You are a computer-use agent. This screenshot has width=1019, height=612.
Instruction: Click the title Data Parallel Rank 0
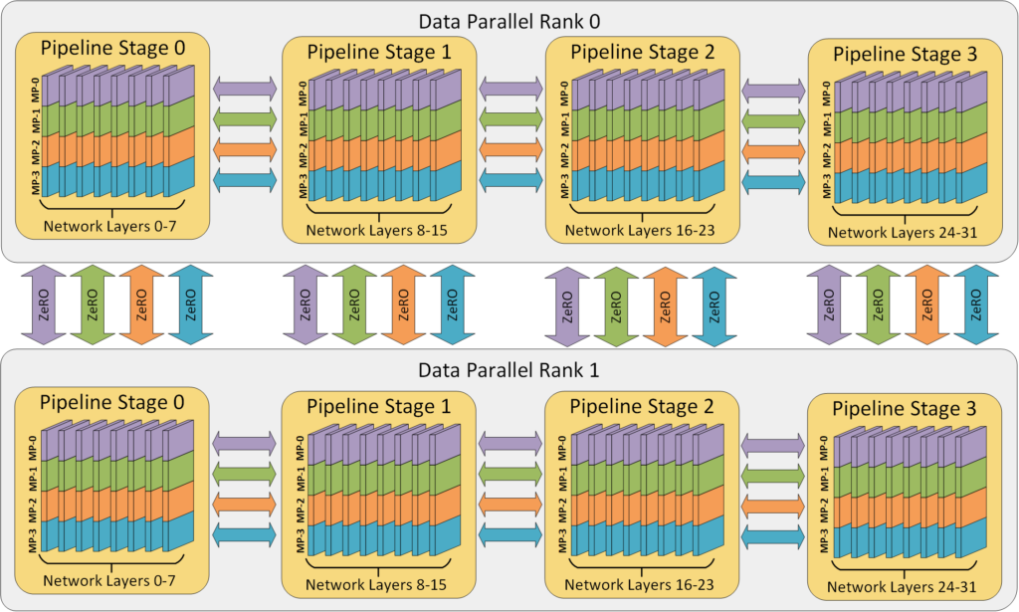click(509, 19)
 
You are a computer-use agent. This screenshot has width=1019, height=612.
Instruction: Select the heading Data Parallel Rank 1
click(509, 371)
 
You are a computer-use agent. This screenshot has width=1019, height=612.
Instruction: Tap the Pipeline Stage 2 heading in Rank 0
click(642, 52)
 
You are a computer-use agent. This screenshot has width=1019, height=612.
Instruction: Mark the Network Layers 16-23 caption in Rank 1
click(641, 585)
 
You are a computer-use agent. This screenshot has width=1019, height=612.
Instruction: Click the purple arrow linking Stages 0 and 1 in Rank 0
click(245, 89)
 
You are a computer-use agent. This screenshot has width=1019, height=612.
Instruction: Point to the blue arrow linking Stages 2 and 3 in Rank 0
click(772, 182)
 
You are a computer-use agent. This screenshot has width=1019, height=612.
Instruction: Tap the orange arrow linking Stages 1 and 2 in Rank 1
click(511, 505)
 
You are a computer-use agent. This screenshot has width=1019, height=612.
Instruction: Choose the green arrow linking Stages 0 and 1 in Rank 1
click(245, 473)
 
